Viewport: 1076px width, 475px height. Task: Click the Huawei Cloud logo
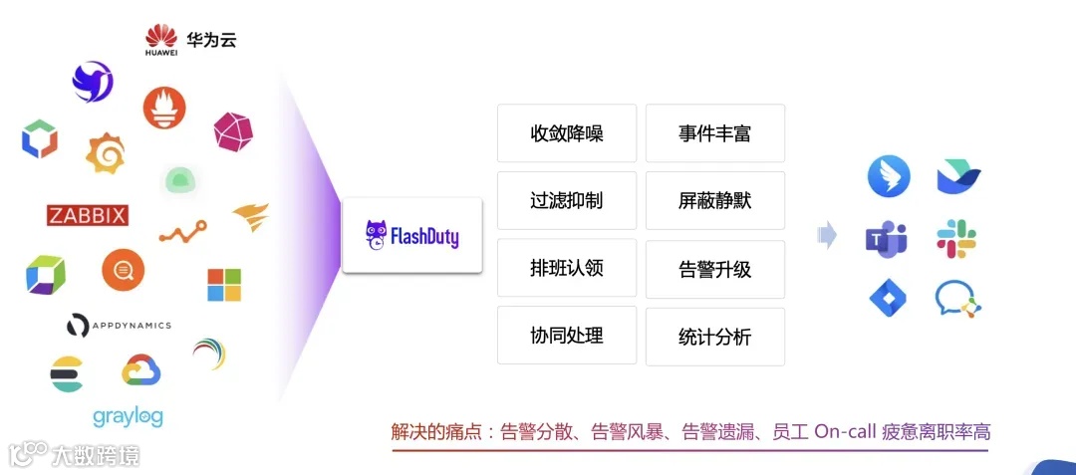[x=190, y=39]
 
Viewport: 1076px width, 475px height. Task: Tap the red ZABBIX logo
[x=88, y=216]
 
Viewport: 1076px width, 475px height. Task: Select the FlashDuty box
[x=411, y=236]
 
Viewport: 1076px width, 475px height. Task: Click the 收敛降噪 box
[x=566, y=133]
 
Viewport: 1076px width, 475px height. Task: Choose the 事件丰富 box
[x=714, y=133]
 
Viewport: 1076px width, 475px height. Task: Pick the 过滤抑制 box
[x=566, y=200]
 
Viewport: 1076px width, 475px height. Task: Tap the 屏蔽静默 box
[x=714, y=200]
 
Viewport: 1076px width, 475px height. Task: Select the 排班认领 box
[x=566, y=268]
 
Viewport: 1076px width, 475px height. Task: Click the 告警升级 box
[x=714, y=269]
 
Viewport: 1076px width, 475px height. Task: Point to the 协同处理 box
[x=566, y=336]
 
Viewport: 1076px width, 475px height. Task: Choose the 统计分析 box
[x=714, y=337]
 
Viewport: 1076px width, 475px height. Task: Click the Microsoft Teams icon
[x=886, y=239]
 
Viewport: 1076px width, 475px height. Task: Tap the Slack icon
[x=956, y=239]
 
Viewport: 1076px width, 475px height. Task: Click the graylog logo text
[x=128, y=415]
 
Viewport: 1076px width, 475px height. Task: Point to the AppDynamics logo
[x=119, y=326]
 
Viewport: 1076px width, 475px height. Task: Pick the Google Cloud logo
[x=141, y=371]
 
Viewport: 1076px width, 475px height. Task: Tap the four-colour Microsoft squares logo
[x=224, y=285]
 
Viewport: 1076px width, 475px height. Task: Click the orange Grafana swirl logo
[x=105, y=152]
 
